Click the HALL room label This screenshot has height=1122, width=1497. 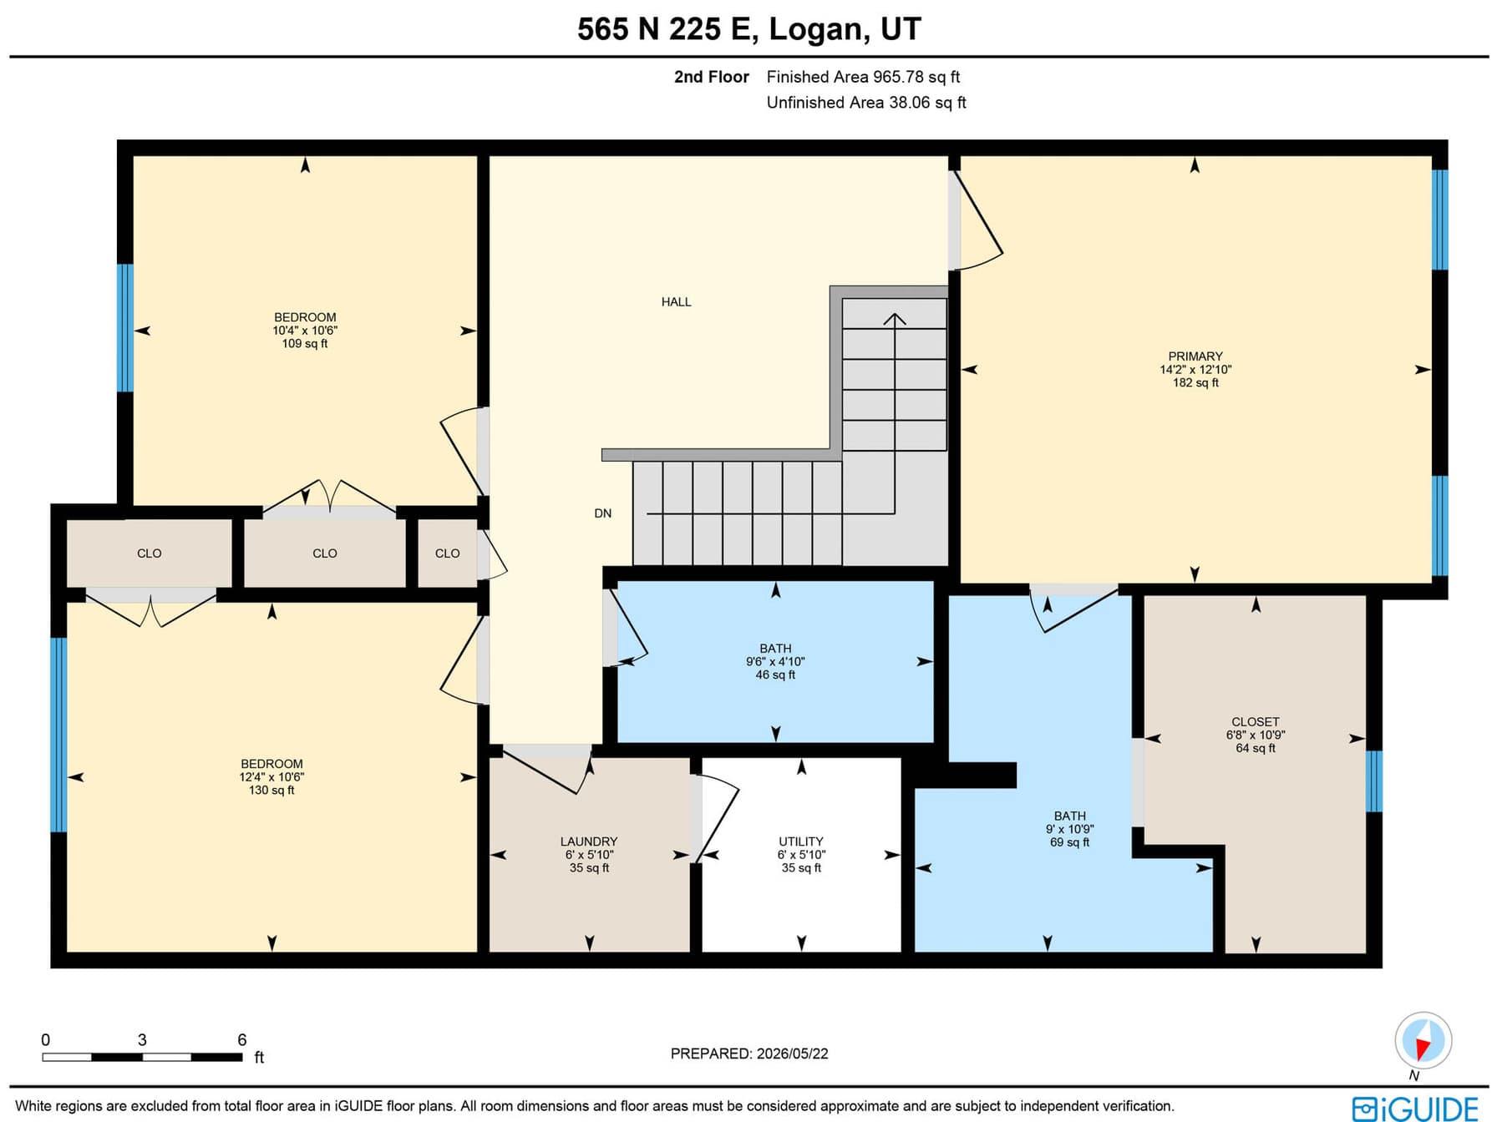676,302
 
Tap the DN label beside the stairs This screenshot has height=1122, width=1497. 603,513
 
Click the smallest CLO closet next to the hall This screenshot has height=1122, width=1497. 447,553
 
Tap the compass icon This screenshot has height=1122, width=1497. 1423,1041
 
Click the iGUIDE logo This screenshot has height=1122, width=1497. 1415,1109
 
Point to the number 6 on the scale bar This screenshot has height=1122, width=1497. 242,1039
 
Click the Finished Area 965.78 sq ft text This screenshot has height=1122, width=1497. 863,77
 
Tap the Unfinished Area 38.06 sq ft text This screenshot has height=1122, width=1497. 866,103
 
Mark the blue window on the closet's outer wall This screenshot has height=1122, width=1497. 1374,781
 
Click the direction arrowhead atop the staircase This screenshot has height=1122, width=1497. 895,319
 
